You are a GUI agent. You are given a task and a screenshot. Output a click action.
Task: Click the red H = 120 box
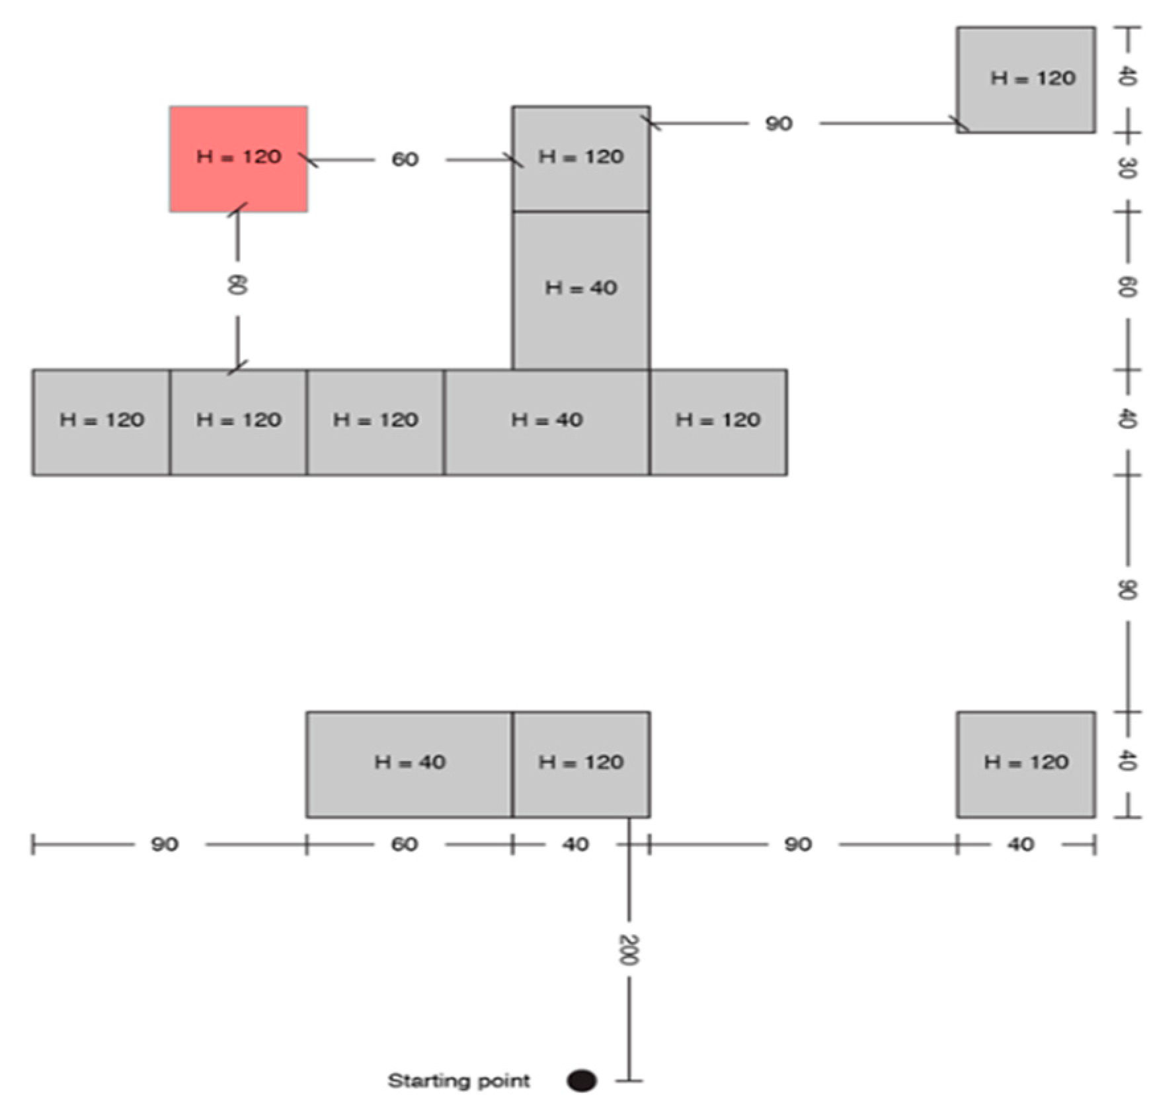click(238, 159)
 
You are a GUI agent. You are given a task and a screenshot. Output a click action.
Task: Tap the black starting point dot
click(581, 1080)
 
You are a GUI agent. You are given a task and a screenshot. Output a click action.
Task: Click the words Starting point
click(458, 1080)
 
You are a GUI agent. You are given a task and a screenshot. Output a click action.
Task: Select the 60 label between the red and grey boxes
click(405, 159)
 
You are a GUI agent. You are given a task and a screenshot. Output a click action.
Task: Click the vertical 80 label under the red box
click(237, 285)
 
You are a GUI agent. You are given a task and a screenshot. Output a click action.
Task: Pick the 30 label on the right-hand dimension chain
click(1127, 168)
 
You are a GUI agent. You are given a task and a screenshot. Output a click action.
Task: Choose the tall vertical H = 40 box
click(580, 290)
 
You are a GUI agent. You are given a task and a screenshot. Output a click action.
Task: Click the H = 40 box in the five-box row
click(546, 422)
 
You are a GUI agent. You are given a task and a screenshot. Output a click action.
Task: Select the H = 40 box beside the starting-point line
click(409, 764)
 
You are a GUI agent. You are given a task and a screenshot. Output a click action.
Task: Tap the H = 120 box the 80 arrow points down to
click(238, 422)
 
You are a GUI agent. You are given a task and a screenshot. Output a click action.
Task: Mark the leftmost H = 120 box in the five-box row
click(101, 422)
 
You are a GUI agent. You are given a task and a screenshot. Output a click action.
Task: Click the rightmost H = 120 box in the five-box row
click(718, 422)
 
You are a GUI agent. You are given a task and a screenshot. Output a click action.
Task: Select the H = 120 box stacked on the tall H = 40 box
click(580, 159)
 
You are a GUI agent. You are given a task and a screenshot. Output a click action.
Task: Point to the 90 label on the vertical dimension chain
click(1127, 590)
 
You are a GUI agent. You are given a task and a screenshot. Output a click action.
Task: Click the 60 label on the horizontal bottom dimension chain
click(404, 844)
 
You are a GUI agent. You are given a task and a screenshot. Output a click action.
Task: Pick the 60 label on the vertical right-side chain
click(1127, 287)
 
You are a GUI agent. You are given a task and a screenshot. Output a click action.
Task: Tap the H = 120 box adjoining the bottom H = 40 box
click(580, 764)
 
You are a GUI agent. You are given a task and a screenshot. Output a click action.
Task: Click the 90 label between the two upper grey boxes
click(778, 124)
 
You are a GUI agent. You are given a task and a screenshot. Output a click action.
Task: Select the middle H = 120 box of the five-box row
click(375, 422)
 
